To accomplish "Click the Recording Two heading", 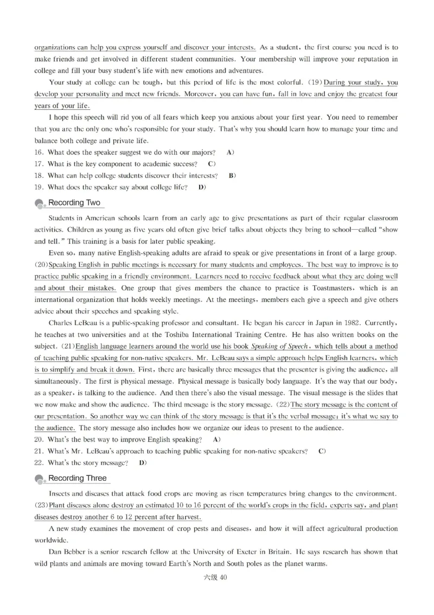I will click(x=74, y=203).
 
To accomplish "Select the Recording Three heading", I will click(x=78, y=478).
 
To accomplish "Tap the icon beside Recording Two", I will click(x=40, y=204).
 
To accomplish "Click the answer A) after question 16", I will click(x=230, y=152).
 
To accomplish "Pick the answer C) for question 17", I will click(x=212, y=164).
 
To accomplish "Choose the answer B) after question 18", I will click(x=232, y=175).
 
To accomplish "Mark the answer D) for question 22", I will click(x=143, y=463).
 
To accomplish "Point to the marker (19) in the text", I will click(x=315, y=83).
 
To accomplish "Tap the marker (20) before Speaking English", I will click(x=41, y=265).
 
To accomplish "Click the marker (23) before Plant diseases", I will click(x=41, y=505).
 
